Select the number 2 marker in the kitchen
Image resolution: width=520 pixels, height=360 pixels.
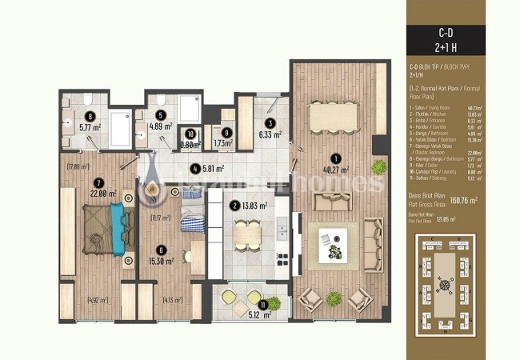(235, 205)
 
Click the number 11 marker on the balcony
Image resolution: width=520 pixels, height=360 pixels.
(263, 305)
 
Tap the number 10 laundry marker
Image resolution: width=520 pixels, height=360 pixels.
(190, 134)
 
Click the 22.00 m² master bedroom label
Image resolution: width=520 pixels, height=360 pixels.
(104, 193)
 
